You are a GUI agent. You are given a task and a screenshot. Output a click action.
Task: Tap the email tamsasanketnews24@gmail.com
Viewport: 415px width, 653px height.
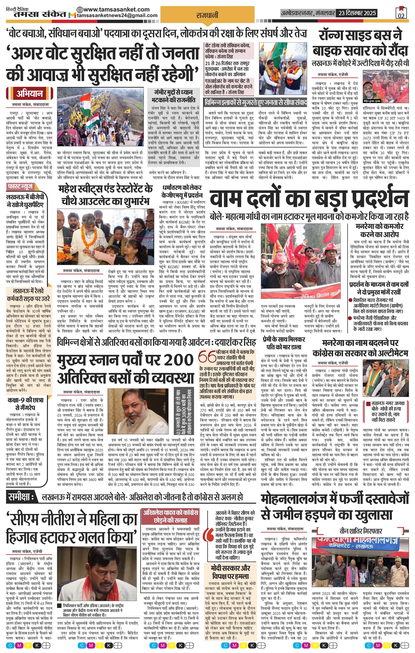(117, 15)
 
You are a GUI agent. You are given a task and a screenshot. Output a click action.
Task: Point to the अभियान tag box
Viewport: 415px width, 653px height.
(29, 94)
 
